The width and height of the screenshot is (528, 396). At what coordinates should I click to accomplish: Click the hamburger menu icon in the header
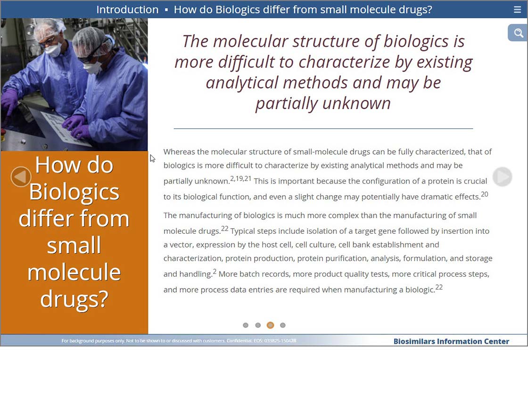[518, 9]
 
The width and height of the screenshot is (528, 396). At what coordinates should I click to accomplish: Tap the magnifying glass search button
[518, 33]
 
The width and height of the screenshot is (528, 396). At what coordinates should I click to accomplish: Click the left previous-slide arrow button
[21, 176]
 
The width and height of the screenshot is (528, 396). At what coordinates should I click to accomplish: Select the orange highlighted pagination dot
[270, 325]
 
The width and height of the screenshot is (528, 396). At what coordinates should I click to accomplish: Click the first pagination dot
[246, 325]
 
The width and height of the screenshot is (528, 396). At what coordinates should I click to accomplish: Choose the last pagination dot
[282, 325]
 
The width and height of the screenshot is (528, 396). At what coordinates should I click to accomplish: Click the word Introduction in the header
[127, 9]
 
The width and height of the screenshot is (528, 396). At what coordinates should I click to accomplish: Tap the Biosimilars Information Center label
[451, 341]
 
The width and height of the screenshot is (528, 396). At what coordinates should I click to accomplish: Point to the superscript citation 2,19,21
[241, 179]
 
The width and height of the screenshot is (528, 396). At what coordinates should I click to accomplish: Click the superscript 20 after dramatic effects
[484, 194]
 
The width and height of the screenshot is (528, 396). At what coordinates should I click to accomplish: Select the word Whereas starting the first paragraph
[179, 152]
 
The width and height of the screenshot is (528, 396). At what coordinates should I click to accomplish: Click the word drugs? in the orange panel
[74, 299]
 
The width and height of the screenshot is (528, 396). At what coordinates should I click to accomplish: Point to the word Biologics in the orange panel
[74, 191]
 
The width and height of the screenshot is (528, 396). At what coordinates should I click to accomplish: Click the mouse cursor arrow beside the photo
[153, 158]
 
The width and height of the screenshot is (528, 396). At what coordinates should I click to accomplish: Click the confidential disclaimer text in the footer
[179, 341]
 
